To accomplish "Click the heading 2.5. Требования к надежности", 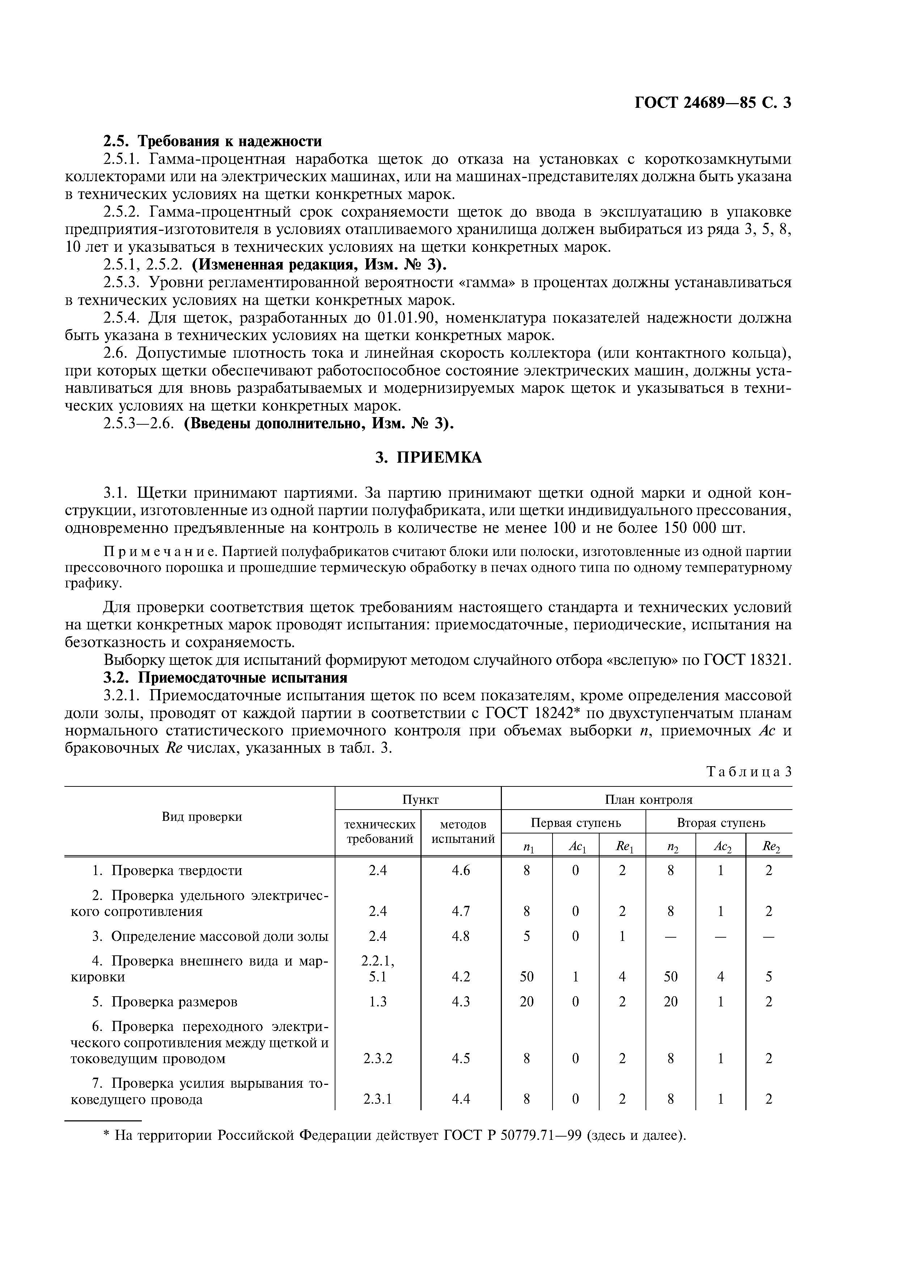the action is point(213,141).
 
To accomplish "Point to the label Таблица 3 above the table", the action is point(749,772).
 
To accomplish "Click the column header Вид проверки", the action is point(202,817).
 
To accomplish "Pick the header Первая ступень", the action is point(575,823).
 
